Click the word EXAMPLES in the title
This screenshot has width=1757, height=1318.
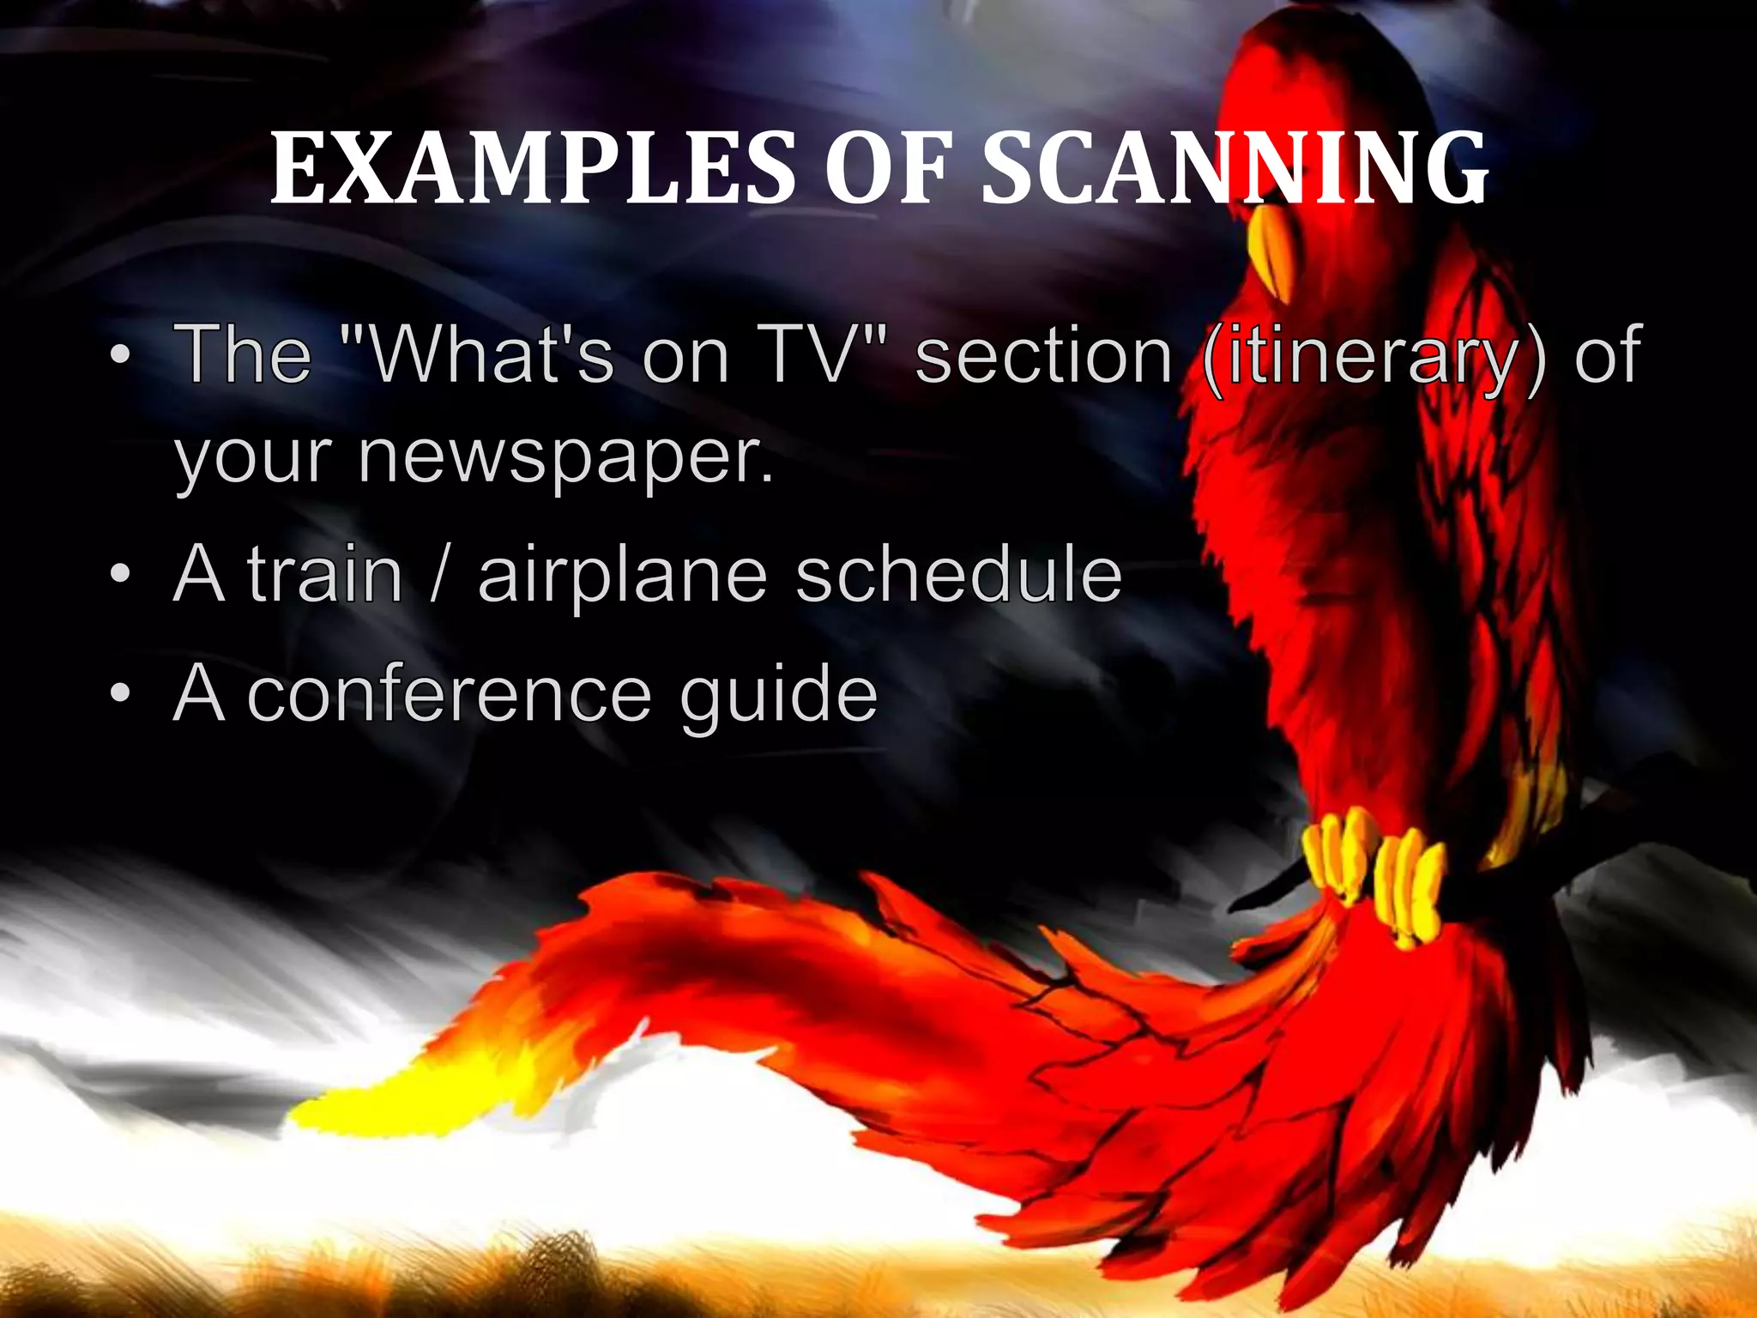pos(532,169)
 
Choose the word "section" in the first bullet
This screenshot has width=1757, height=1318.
pos(1043,354)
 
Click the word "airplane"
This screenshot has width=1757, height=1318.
pos(622,577)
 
